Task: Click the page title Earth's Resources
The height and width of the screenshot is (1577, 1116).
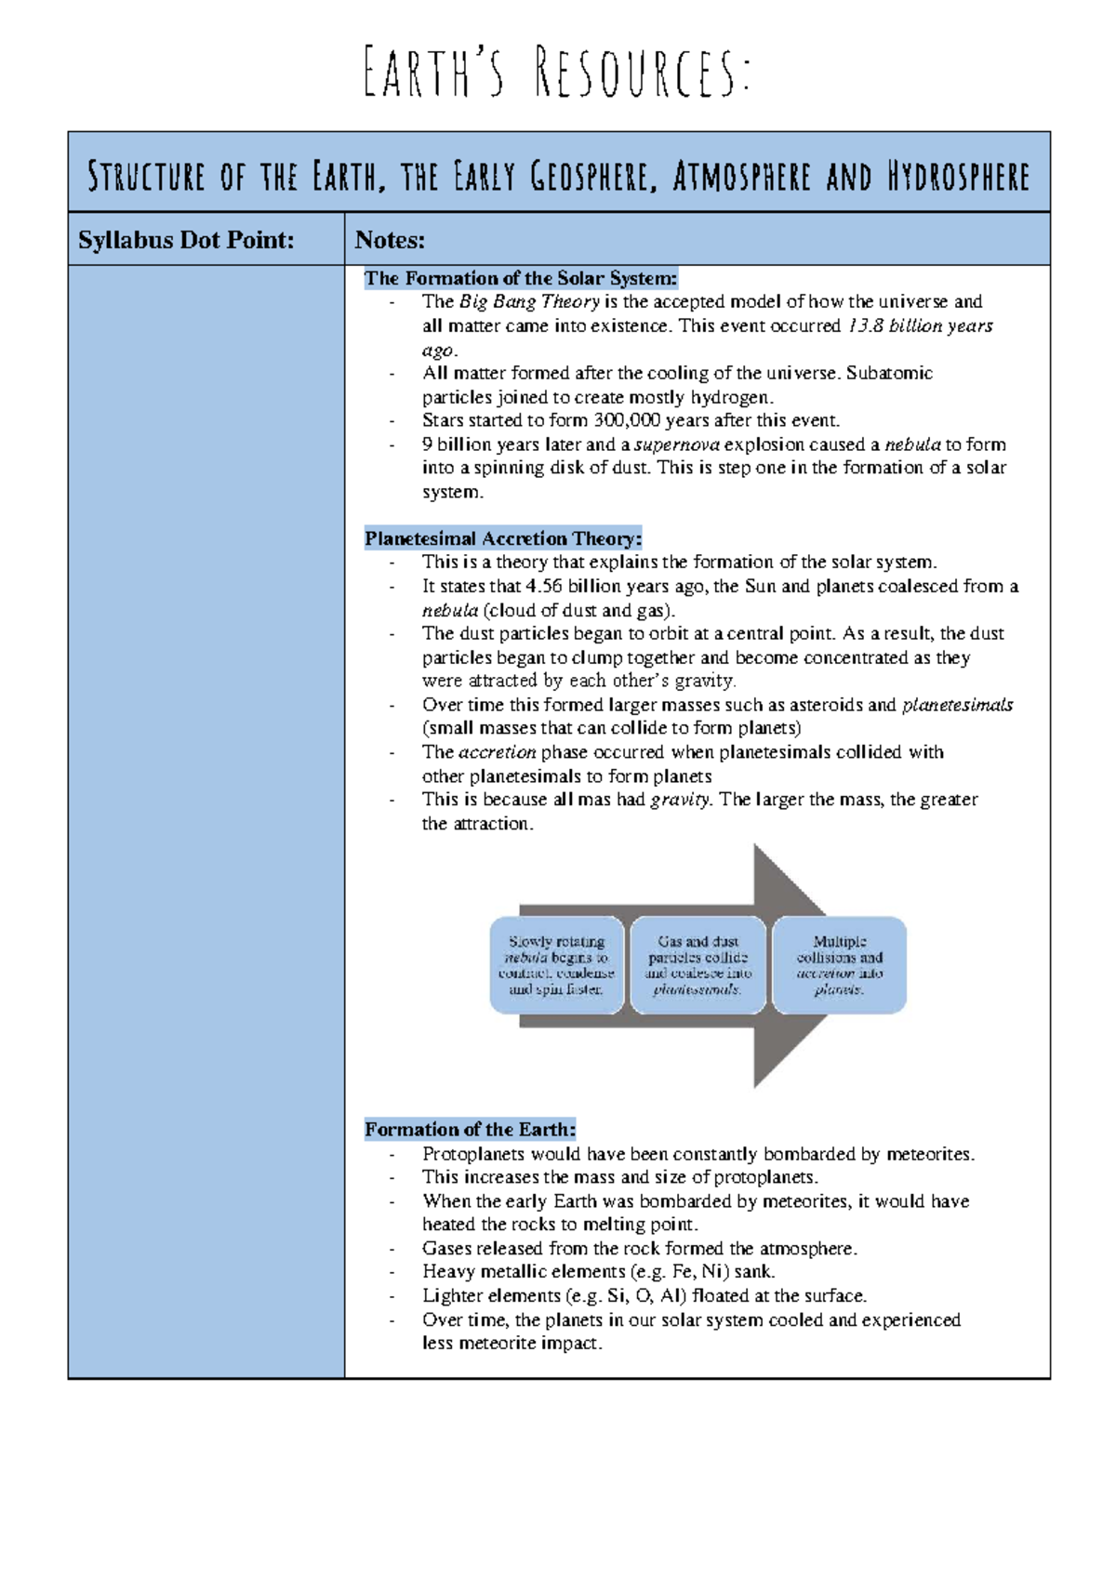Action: click(x=556, y=73)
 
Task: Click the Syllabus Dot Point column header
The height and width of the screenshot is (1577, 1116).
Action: click(x=186, y=240)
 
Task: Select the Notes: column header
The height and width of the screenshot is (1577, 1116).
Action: click(x=390, y=240)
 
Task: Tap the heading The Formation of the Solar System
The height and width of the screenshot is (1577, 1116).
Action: click(x=521, y=278)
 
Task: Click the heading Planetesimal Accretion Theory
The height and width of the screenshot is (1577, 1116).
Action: click(x=502, y=538)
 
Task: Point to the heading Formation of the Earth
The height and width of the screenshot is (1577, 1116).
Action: click(x=470, y=1130)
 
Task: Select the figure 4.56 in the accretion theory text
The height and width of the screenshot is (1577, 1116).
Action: click(x=544, y=587)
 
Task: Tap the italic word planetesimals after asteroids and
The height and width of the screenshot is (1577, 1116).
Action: click(x=957, y=705)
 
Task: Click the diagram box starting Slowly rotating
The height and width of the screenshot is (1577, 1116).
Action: click(x=556, y=965)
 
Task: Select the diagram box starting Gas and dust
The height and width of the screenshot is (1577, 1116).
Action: click(x=697, y=965)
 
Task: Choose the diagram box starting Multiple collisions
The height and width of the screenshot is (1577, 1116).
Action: click(x=839, y=965)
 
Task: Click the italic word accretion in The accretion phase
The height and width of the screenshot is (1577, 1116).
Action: click(x=498, y=752)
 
